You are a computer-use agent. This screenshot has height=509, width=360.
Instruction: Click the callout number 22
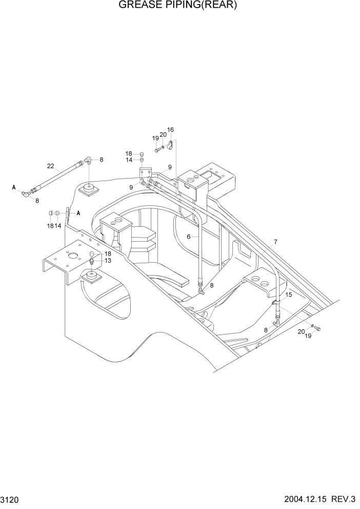coord(50,166)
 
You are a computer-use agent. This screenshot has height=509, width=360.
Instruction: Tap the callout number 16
coord(171,130)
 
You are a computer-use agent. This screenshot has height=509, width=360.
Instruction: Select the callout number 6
coord(189,237)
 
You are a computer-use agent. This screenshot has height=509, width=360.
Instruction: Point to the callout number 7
coord(275,242)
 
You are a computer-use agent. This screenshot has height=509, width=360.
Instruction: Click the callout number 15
coord(289,295)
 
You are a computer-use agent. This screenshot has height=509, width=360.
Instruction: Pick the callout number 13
coord(108,261)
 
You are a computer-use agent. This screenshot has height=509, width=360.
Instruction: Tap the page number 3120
coord(10,498)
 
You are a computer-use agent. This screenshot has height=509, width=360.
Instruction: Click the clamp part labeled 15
coord(276,304)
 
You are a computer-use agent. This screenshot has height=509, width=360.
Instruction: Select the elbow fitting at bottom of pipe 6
coord(202,291)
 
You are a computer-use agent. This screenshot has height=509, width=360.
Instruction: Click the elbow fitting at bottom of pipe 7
coord(277,322)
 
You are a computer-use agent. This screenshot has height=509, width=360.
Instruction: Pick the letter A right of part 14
coord(78,212)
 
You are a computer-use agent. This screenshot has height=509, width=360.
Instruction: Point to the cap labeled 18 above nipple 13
coord(93,254)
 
